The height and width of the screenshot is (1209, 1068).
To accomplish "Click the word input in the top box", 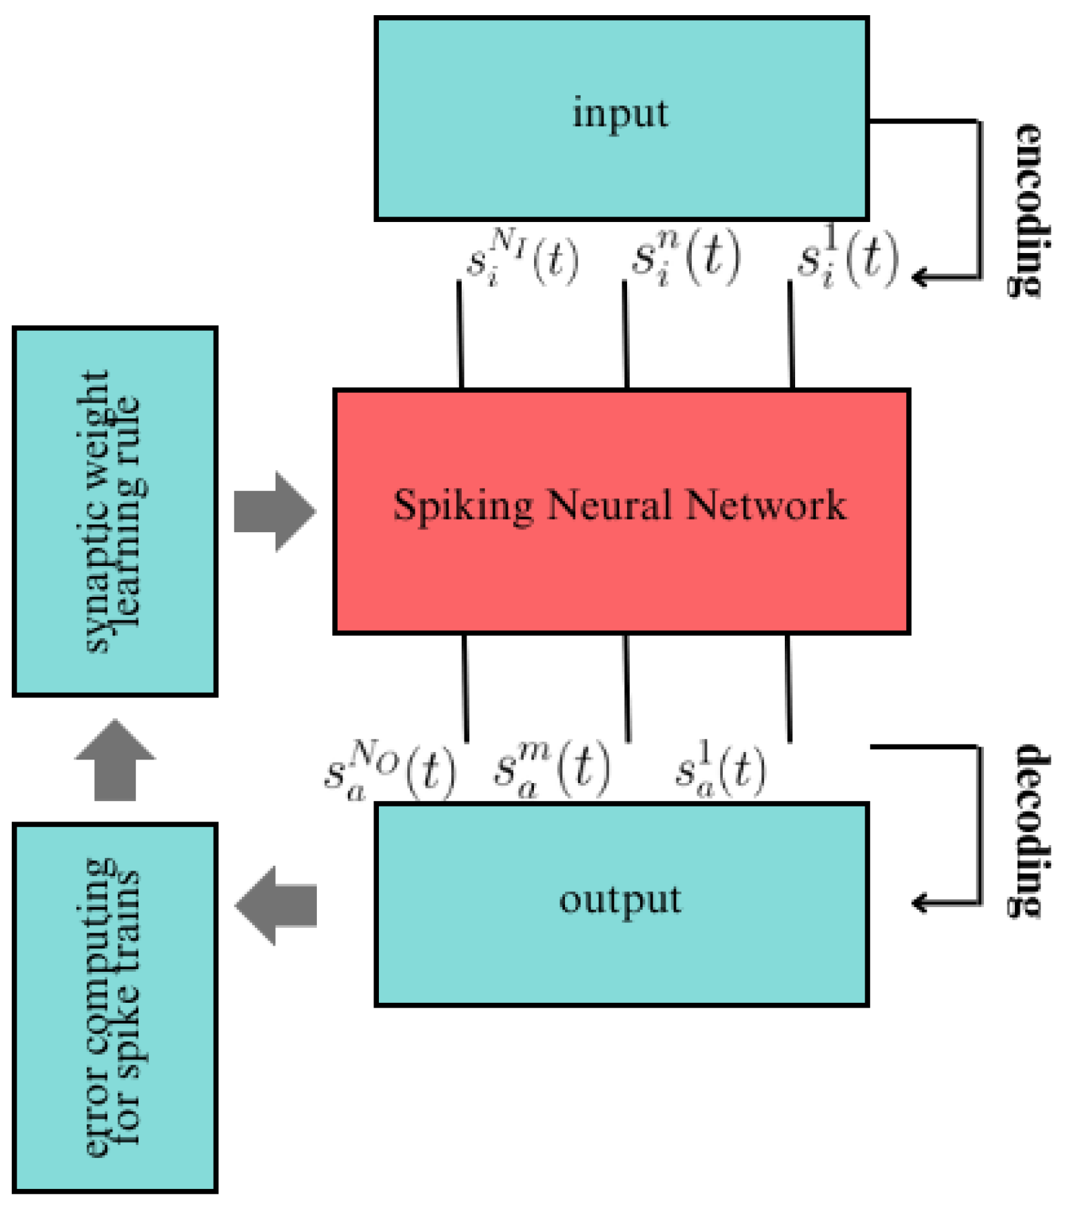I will pyautogui.click(x=620, y=114).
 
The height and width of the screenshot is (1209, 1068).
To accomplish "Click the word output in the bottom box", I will pyautogui.click(x=620, y=900).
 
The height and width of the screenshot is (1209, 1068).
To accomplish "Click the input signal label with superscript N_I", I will pyautogui.click(x=522, y=258).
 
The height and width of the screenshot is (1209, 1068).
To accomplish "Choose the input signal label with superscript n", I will pyautogui.click(x=686, y=258).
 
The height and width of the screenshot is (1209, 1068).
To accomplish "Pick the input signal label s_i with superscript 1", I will pyautogui.click(x=848, y=258).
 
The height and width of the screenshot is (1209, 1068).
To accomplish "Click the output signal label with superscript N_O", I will pyautogui.click(x=389, y=770).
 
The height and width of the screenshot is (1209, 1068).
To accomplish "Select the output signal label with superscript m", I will pyautogui.click(x=551, y=770).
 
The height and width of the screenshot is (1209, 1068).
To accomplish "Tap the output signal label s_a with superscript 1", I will pyautogui.click(x=720, y=770).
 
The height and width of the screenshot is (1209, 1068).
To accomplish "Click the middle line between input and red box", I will pyautogui.click(x=626, y=334).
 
